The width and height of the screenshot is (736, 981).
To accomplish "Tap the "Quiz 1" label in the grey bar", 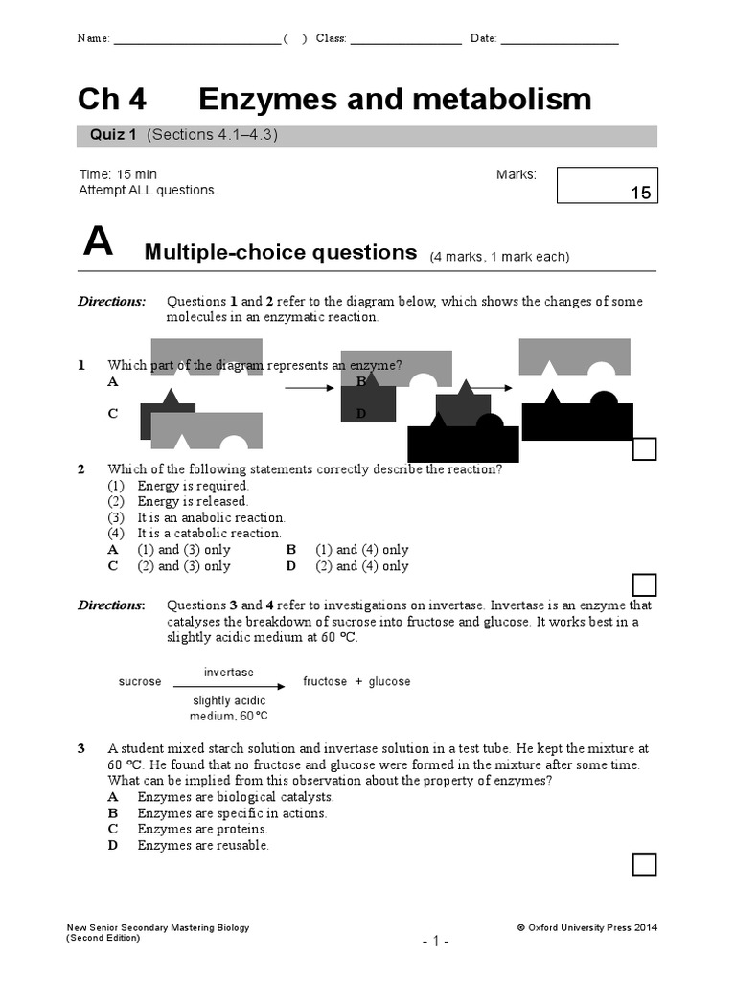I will pyautogui.click(x=113, y=135).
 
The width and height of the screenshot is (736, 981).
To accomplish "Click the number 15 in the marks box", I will pyautogui.click(x=640, y=193).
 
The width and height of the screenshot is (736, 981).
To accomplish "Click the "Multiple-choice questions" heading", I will pyautogui.click(x=280, y=253).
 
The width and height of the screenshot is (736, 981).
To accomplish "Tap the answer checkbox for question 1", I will pyautogui.click(x=644, y=448).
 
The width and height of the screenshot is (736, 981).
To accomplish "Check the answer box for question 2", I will pyautogui.click(x=644, y=584).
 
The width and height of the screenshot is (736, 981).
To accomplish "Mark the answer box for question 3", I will pyautogui.click(x=644, y=864).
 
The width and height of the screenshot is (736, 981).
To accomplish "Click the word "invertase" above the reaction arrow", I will pyautogui.click(x=228, y=673).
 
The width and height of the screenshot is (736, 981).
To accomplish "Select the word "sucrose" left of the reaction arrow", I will pyautogui.click(x=140, y=682).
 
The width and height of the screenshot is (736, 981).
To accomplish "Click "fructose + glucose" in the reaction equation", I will pyautogui.click(x=356, y=682).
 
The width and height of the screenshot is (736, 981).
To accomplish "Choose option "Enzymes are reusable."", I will pyautogui.click(x=203, y=845).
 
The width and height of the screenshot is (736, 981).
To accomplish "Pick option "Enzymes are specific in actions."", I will pyautogui.click(x=232, y=813).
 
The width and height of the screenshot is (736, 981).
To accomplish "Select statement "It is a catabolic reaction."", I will pyautogui.click(x=209, y=533).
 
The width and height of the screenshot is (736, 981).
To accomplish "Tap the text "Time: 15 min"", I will pyautogui.click(x=118, y=174).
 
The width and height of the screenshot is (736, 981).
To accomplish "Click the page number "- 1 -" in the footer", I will pyautogui.click(x=436, y=942).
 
